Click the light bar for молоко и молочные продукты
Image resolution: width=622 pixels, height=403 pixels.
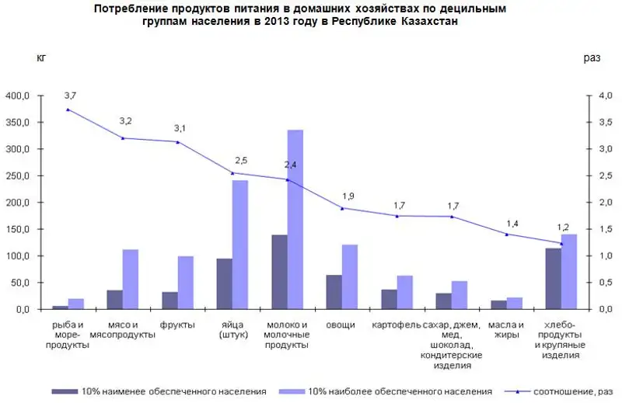pyautogui.click(x=295, y=220)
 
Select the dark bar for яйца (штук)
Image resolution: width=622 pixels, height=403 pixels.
pyautogui.click(x=224, y=283)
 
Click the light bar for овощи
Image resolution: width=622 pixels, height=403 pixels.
pyautogui.click(x=350, y=276)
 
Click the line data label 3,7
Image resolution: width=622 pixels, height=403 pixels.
pyautogui.click(x=70, y=95)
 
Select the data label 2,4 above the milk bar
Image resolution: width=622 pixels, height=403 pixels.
pyautogui.click(x=291, y=165)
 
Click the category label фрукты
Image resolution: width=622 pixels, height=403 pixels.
pyautogui.click(x=176, y=324)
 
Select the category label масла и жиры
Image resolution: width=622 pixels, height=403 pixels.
pyautogui.click(x=506, y=329)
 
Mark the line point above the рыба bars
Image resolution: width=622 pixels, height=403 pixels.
pyautogui.click(x=68, y=109)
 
